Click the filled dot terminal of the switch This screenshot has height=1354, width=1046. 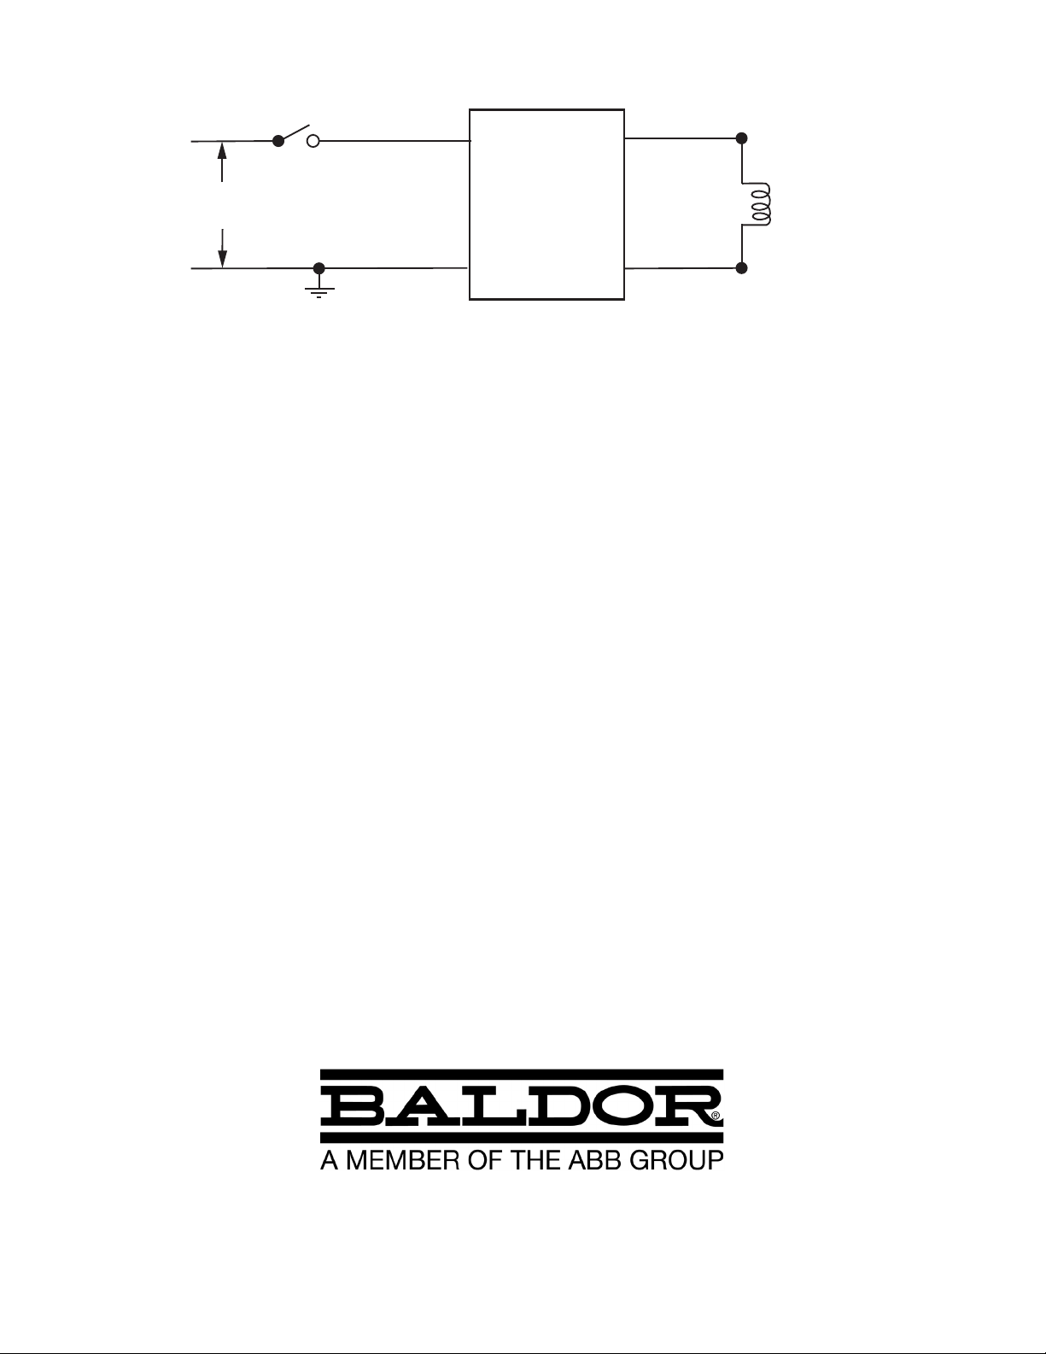point(278,142)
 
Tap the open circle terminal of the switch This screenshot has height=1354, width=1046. point(314,142)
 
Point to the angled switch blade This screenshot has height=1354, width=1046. point(295,132)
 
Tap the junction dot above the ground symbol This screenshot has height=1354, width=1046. point(318,268)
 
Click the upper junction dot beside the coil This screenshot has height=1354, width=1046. point(741,138)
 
